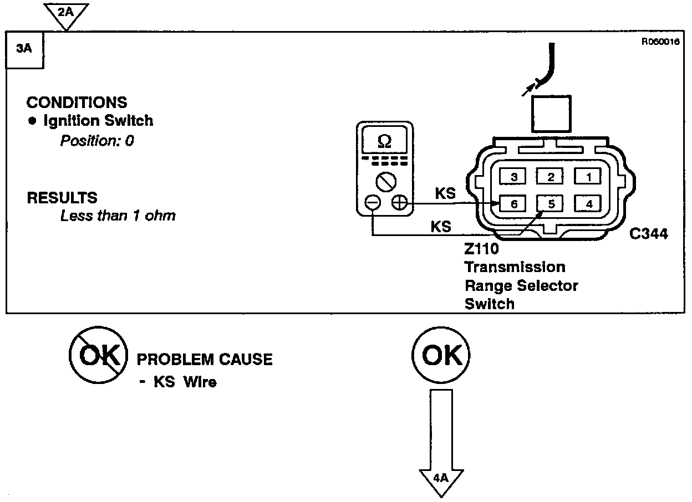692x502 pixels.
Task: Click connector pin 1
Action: point(589,177)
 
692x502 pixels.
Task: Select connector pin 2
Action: point(551,177)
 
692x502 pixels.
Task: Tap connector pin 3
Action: point(514,177)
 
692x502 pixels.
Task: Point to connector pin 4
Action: point(589,204)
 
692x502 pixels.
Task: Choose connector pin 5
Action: point(551,204)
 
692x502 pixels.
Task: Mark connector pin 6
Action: point(514,204)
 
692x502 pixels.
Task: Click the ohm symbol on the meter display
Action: point(384,142)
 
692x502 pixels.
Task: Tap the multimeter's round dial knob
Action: point(384,181)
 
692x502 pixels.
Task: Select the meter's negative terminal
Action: point(373,203)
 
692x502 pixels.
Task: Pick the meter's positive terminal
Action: point(399,203)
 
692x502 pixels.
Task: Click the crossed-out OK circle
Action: point(98,355)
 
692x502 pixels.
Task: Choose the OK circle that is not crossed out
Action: point(441,355)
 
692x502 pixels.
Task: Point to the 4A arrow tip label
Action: point(441,477)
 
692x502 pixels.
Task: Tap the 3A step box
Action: point(24,49)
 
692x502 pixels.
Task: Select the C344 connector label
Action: point(649,234)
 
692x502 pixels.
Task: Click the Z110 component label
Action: point(482,249)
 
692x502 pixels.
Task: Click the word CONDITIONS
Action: point(77,103)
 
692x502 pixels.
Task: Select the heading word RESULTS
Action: point(62,198)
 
